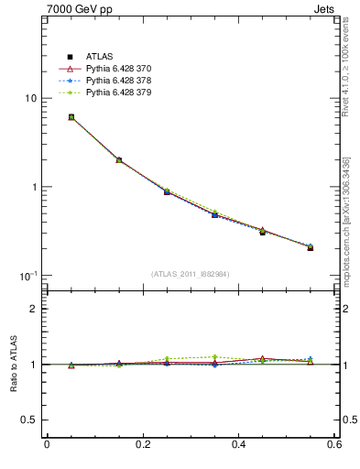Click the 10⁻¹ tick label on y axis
(27, 276)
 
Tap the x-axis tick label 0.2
(142, 445)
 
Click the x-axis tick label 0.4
(238, 445)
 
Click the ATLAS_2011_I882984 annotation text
(191, 274)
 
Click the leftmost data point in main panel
(71, 117)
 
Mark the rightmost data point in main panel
(311, 247)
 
